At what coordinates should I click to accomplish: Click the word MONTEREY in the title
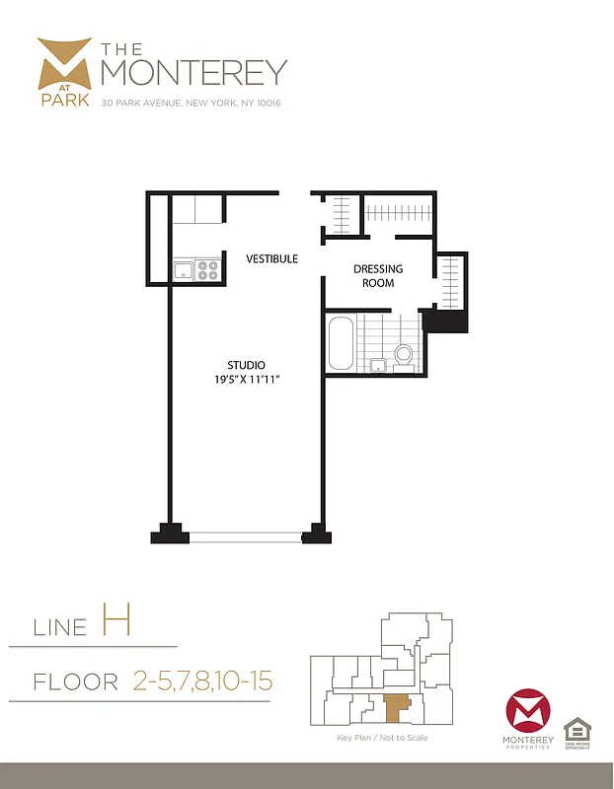[x=193, y=71]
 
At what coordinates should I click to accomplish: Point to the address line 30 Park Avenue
[x=191, y=103]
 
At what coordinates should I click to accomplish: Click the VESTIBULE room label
[x=271, y=258]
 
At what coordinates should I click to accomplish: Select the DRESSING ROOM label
[x=378, y=276]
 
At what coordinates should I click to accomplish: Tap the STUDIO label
[x=247, y=366]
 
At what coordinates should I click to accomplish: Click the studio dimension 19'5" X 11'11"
[x=247, y=381]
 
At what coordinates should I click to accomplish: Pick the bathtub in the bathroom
[x=341, y=343]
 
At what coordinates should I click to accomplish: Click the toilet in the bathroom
[x=403, y=354]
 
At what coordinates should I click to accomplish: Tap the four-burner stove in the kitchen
[x=207, y=269]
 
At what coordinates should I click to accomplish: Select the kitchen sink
[x=185, y=269]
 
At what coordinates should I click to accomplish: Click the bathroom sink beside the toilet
[x=376, y=366]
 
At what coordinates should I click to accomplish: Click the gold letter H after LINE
[x=115, y=622]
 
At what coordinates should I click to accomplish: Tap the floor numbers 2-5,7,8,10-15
[x=201, y=681]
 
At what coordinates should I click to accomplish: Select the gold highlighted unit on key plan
[x=396, y=705]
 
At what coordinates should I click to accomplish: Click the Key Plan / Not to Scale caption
[x=382, y=738]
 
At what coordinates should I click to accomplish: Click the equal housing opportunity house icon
[x=577, y=730]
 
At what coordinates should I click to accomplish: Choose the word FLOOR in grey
[x=75, y=681]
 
